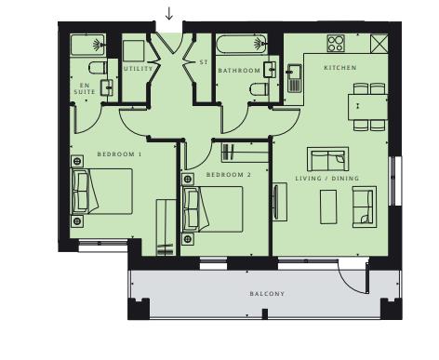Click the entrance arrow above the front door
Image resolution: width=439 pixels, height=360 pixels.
(168, 14)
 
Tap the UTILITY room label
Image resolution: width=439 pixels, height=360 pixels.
(139, 69)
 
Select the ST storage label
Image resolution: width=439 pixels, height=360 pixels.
(203, 63)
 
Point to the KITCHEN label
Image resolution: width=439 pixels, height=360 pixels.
(339, 68)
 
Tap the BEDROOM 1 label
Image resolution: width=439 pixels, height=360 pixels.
(119, 153)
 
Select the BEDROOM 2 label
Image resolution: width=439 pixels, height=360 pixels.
(229, 175)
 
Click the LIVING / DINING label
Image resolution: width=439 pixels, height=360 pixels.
(326, 178)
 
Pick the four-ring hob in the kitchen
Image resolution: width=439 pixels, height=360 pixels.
(336, 44)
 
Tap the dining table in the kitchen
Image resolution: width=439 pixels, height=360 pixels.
(362, 106)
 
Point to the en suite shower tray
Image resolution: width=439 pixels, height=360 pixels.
(89, 45)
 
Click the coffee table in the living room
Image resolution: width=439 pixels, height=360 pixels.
(328, 206)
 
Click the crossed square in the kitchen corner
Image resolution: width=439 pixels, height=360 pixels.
(379, 44)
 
